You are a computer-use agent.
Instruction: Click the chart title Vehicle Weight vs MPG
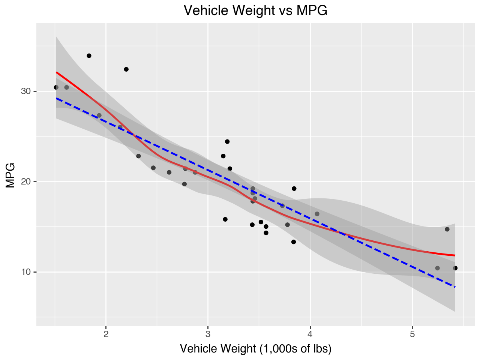(255, 10)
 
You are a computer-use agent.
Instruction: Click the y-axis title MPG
(10, 175)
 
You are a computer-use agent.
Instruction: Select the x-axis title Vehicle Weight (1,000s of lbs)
(255, 349)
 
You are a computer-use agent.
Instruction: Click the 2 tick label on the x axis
(106, 334)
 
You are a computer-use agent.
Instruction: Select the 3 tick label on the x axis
(208, 334)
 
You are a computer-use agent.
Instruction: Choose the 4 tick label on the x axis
(310, 334)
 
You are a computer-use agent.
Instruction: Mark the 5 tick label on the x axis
(412, 334)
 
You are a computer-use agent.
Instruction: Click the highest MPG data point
(89, 55)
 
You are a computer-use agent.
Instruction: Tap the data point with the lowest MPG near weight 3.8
(294, 242)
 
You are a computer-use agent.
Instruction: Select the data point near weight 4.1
(317, 214)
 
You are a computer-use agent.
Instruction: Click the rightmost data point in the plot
(455, 268)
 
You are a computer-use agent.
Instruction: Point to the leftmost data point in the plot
(56, 87)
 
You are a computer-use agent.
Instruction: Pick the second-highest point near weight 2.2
(126, 69)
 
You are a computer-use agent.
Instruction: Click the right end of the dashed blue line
(455, 287)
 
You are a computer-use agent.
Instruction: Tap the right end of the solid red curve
(455, 255)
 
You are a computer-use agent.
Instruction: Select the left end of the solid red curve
(56, 72)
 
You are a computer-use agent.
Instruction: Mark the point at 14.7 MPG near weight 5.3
(447, 229)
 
